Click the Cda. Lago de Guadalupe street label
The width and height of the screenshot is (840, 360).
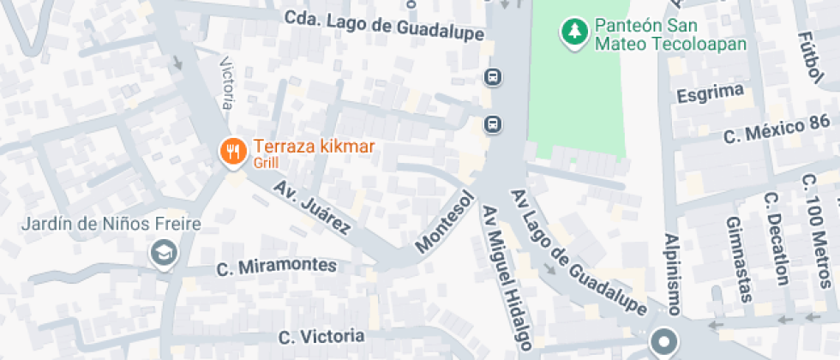[384, 25]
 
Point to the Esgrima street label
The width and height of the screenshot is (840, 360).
[708, 94]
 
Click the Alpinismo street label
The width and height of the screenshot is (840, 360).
[672, 274]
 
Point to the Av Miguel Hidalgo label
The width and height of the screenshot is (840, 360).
[506, 278]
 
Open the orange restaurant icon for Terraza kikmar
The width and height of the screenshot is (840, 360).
[232, 152]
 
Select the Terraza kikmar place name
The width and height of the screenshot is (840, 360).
[313, 147]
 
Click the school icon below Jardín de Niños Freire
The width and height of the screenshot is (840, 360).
[161, 252]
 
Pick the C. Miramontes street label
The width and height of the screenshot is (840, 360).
[276, 267]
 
